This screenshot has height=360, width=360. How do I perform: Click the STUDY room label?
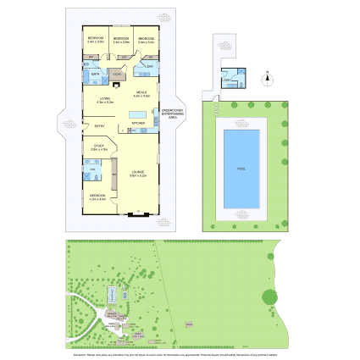[x=98, y=147]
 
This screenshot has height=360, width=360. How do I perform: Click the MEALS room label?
[x=141, y=94]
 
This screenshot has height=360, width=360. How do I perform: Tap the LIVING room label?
[x=105, y=99]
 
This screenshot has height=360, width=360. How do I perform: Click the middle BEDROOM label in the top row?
[x=121, y=39]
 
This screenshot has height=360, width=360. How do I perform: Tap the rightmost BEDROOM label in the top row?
[x=147, y=39]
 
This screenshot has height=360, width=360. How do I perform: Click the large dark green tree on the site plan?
[x=269, y=296]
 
